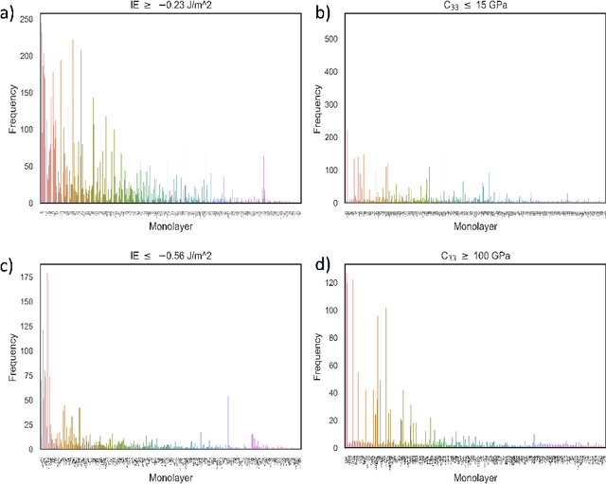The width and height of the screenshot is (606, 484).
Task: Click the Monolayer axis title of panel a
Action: (170, 227)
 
